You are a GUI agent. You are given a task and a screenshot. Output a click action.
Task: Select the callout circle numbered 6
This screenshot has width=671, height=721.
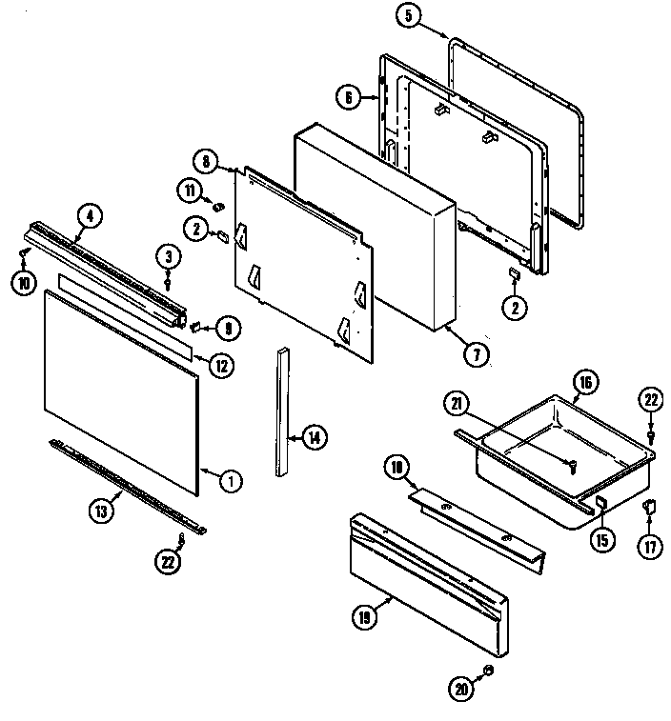coord(349,95)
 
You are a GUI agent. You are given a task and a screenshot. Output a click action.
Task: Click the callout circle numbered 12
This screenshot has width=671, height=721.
coord(220,364)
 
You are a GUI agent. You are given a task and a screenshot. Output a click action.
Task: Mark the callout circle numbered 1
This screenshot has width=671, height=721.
coord(229,481)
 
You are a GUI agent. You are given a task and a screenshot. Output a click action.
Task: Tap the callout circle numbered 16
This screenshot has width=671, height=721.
coord(586,383)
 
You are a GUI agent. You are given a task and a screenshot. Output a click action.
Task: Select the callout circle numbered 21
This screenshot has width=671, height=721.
coord(457,404)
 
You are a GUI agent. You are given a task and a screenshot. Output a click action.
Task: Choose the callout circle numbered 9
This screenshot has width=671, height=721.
coord(227,329)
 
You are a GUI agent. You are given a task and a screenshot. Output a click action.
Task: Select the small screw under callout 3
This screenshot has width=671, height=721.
coord(168,282)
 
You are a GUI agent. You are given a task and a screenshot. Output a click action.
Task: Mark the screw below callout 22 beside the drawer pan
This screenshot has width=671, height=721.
coord(649,434)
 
